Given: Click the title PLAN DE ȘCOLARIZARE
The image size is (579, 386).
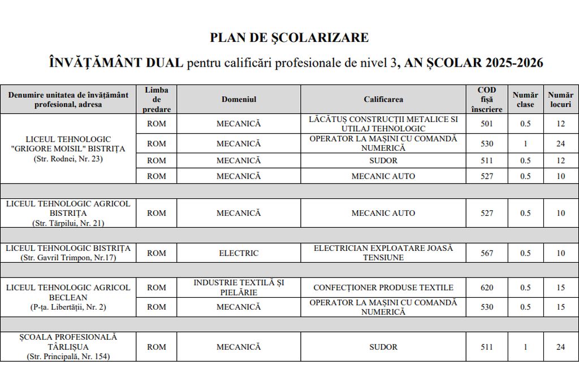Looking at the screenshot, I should click(x=289, y=38).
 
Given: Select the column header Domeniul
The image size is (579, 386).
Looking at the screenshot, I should click(x=239, y=99).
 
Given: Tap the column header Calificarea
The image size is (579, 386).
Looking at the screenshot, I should click(x=383, y=99).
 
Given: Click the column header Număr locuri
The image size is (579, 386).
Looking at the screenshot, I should click(x=560, y=99).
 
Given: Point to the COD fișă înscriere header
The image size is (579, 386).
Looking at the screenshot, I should click(x=487, y=99).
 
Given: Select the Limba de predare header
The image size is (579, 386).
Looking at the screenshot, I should click(x=157, y=99).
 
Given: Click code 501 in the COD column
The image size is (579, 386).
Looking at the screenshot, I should click(x=487, y=124).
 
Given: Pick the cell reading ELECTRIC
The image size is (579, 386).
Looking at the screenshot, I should click(x=239, y=253).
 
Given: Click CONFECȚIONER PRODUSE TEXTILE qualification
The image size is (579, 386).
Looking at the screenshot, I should click(x=383, y=288).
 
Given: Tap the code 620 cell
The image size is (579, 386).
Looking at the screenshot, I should click(x=487, y=288).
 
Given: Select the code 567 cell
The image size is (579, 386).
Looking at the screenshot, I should click(x=487, y=253).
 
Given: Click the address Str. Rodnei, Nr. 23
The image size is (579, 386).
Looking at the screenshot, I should click(x=68, y=159).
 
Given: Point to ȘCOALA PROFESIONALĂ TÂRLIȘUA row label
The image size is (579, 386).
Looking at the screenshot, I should click(x=68, y=341).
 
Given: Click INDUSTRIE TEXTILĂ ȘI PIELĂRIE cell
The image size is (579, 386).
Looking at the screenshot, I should click(x=239, y=288).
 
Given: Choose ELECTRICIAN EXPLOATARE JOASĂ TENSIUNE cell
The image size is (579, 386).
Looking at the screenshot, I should click(x=383, y=253).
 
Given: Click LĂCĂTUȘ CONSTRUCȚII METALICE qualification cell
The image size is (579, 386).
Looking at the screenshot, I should click(x=383, y=124).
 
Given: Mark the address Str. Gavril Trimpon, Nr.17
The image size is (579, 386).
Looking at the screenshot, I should click(x=68, y=258).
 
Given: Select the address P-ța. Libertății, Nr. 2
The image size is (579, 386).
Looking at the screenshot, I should click(x=68, y=307).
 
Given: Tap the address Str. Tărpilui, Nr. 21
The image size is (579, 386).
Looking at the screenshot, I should click(x=68, y=223).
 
